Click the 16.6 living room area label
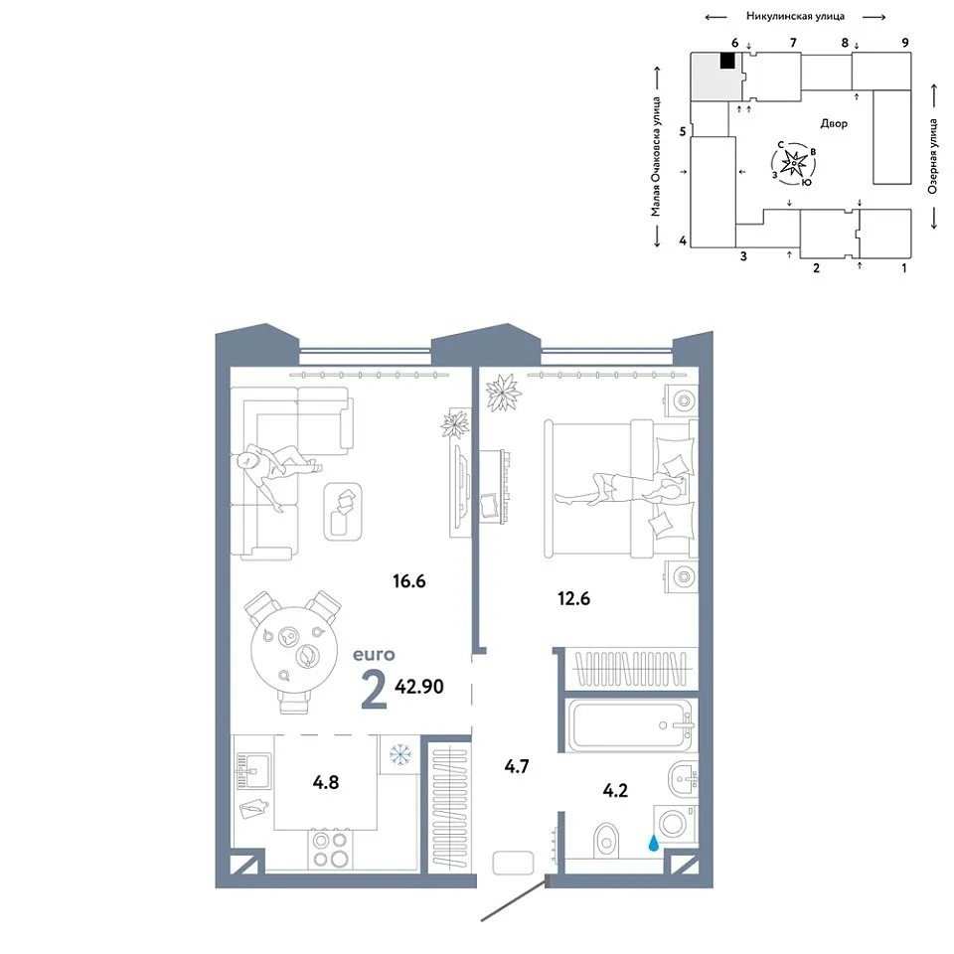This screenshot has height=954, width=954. [408, 581]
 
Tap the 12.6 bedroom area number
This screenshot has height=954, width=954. [573, 598]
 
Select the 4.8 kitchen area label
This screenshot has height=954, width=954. [326, 782]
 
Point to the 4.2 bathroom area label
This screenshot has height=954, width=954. [615, 790]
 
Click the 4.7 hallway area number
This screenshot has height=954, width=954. [517, 766]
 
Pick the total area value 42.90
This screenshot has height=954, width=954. [419, 687]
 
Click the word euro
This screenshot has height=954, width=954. [374, 655]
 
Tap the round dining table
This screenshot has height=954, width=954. [294, 649]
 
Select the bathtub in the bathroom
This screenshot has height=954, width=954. [630, 725]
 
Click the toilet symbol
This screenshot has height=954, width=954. [605, 840]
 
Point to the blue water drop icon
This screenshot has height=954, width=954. [654, 843]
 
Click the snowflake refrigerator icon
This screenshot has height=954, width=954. [399, 754]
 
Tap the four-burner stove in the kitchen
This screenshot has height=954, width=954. [329, 850]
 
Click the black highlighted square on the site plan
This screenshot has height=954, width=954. [727, 61]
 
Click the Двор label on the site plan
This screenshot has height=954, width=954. [834, 123]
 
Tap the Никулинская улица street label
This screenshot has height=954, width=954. [795, 17]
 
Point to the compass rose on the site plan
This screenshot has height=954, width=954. [794, 163]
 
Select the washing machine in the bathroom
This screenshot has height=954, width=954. [674, 824]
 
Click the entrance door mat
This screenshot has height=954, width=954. [513, 863]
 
